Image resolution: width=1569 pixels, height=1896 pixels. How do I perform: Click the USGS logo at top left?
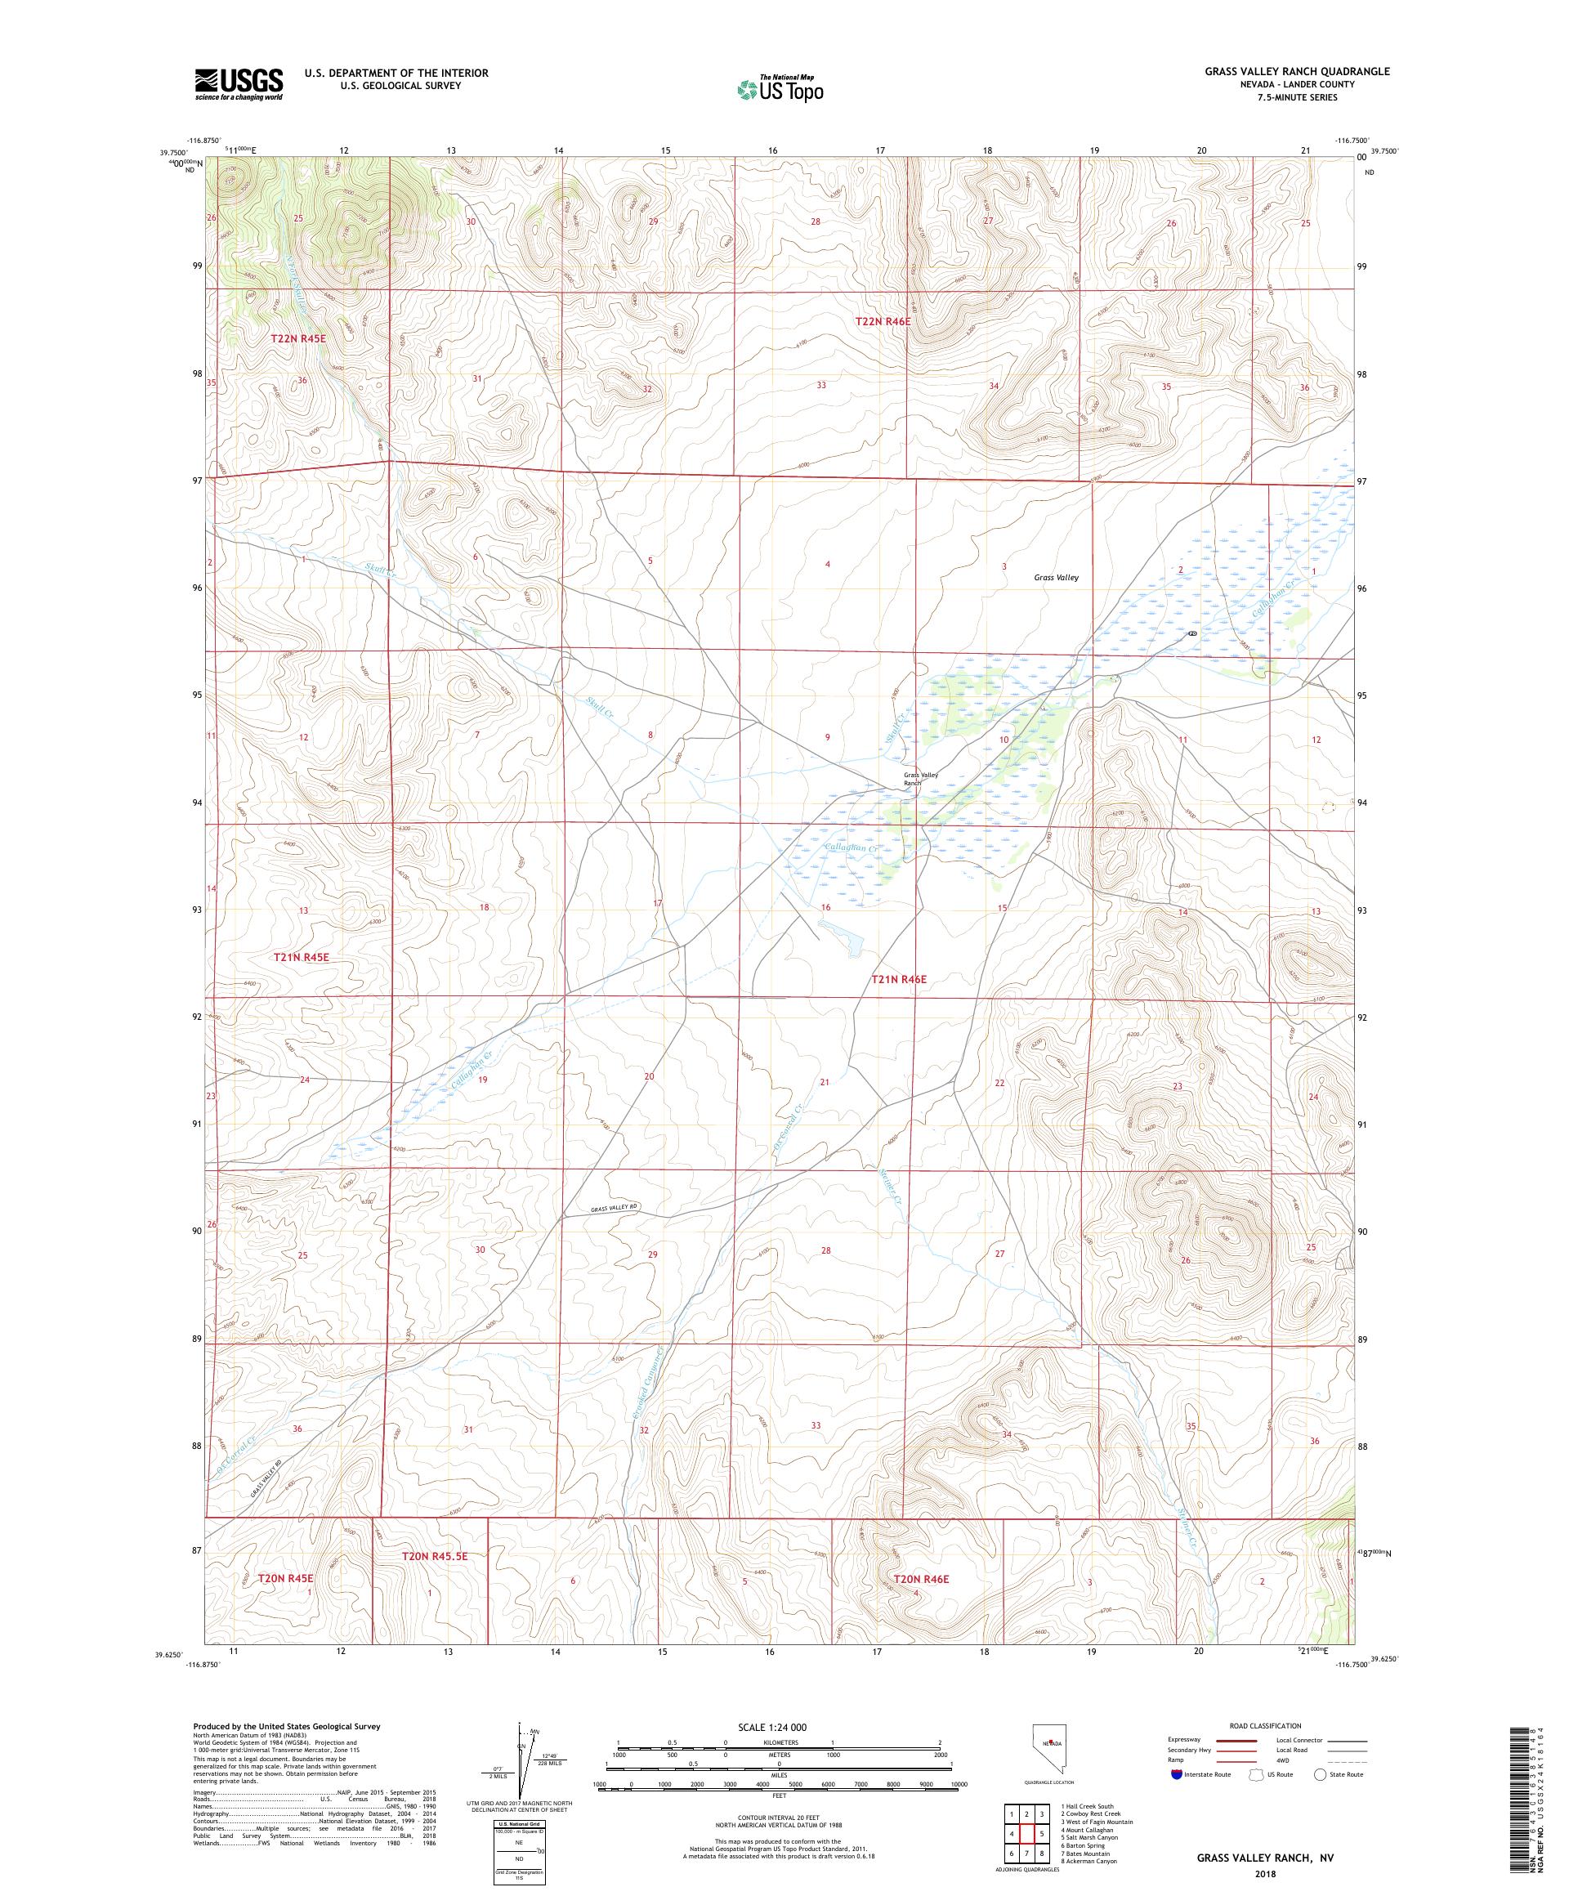(x=239, y=85)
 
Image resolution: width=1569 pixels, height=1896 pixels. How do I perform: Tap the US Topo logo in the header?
(x=781, y=88)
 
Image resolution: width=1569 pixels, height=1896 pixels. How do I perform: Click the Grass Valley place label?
(x=1057, y=578)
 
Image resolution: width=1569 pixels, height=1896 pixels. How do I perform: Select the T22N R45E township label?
(x=297, y=338)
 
